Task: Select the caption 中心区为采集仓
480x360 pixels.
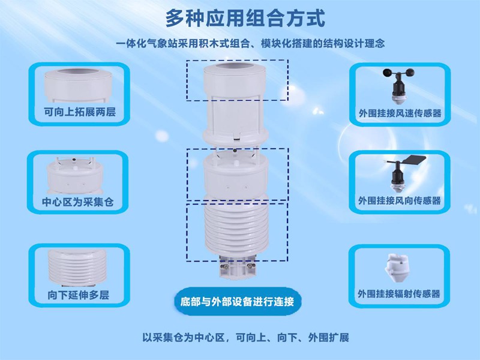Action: click(x=78, y=202)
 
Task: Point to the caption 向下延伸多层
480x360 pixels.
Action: click(x=78, y=295)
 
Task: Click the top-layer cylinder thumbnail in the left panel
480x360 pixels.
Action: click(x=78, y=84)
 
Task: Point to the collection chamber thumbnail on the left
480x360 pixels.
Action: click(x=79, y=175)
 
